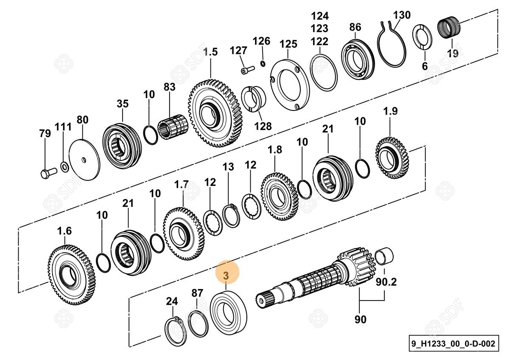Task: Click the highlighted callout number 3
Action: [226, 276]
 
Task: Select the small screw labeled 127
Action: [247, 68]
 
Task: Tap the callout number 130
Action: [402, 15]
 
